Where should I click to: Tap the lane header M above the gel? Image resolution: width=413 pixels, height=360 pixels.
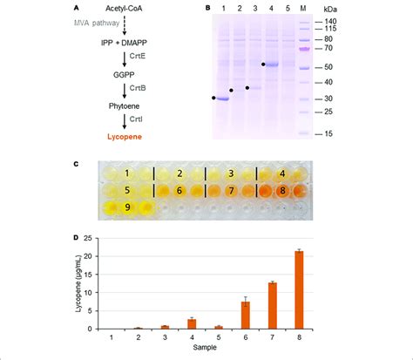[302, 9]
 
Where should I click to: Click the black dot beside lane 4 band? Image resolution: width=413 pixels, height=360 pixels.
[263, 64]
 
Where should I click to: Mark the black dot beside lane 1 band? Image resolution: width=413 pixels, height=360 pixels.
[213, 98]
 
